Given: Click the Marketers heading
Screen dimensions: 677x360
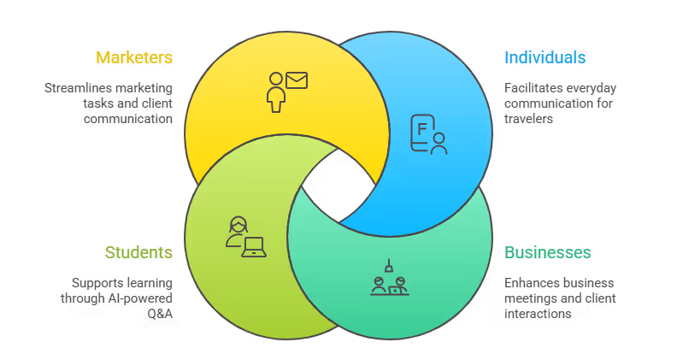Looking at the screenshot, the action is (x=134, y=58).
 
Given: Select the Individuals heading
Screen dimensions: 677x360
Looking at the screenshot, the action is (x=545, y=58).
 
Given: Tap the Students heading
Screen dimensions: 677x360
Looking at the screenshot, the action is (x=138, y=252).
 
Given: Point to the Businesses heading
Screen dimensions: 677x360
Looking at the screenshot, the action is (x=547, y=252).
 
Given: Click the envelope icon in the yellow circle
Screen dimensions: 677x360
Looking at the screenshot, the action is (x=297, y=81).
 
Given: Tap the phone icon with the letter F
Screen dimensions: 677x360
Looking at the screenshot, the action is (x=421, y=132).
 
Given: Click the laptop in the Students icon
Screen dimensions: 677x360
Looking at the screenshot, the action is (x=255, y=247).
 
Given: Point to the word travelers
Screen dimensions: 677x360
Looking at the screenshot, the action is (x=528, y=119).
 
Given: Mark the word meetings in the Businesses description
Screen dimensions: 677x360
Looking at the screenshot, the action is (x=530, y=298).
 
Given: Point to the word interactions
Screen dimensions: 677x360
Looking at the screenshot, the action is (x=539, y=313).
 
